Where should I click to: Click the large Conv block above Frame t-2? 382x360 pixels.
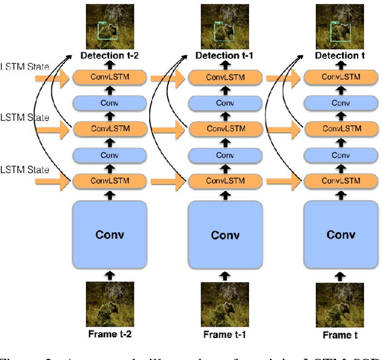click(109, 234)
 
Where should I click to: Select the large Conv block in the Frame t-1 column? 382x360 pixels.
click(225, 235)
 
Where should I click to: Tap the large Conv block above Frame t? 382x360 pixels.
click(340, 234)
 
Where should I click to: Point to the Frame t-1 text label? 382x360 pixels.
click(225, 334)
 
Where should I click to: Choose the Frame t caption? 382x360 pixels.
click(340, 335)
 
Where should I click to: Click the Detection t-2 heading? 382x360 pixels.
click(109, 56)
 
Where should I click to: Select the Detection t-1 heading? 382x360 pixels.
click(225, 56)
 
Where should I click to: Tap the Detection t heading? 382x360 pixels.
click(340, 56)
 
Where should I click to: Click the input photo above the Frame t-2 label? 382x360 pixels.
click(109, 303)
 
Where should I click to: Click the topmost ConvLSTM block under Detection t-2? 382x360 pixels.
click(109, 77)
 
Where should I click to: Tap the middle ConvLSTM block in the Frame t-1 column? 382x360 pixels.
click(225, 128)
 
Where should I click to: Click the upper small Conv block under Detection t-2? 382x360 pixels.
click(109, 103)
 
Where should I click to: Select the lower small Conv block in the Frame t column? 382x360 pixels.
click(340, 155)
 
